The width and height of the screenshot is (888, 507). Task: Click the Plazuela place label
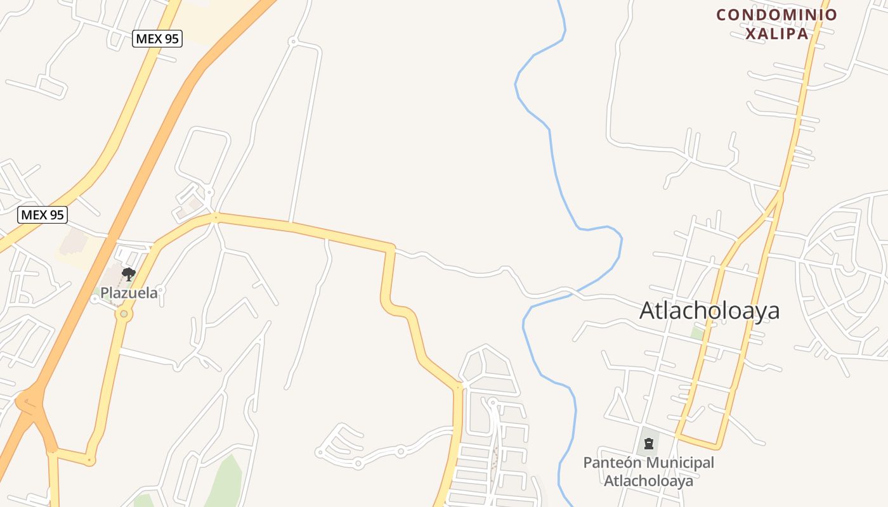(x=129, y=293)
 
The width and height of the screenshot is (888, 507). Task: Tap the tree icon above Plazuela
(x=129, y=274)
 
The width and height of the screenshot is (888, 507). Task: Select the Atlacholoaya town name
(x=709, y=311)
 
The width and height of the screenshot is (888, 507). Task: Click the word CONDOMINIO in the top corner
(x=776, y=15)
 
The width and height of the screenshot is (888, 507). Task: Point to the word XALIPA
(x=776, y=34)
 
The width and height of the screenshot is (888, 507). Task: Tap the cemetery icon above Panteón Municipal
(x=648, y=444)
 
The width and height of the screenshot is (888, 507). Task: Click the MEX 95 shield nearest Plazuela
(x=42, y=215)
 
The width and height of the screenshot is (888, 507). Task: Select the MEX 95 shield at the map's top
(x=157, y=39)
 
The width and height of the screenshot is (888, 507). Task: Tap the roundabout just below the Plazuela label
(x=124, y=314)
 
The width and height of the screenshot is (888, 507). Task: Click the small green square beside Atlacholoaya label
(x=698, y=333)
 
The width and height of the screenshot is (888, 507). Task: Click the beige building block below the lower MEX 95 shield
(x=75, y=244)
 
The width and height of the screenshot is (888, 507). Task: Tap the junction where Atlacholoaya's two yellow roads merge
(x=781, y=192)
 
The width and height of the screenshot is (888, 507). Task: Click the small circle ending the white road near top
(x=292, y=42)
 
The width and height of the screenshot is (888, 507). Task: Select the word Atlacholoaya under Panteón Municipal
(x=648, y=481)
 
